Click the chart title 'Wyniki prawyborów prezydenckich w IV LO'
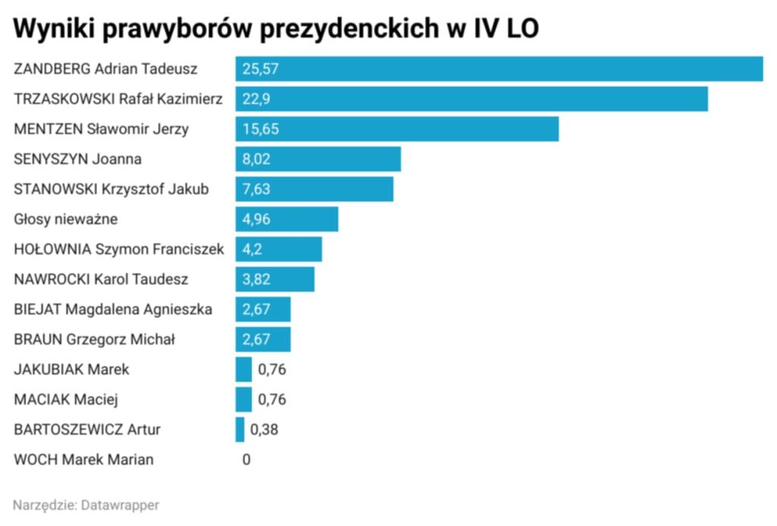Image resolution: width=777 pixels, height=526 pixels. (276, 28)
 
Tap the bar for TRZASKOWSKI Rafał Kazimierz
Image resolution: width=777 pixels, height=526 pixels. (471, 99)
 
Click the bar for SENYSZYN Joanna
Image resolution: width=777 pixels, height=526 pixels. (318, 159)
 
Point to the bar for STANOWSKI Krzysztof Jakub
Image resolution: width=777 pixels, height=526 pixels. (314, 189)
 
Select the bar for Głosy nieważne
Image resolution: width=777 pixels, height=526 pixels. (287, 220)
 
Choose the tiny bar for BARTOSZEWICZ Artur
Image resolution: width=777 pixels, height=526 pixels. (240, 430)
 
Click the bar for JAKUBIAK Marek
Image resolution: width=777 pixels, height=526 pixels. (244, 370)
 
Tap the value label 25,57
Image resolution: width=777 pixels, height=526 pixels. (261, 69)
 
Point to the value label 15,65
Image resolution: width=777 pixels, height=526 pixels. (261, 129)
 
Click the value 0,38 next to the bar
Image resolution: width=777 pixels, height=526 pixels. (264, 430)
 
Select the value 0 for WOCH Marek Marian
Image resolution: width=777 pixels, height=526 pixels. (246, 459)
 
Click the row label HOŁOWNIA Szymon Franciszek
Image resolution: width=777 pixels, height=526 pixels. (119, 249)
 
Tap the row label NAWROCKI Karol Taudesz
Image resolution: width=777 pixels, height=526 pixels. (102, 280)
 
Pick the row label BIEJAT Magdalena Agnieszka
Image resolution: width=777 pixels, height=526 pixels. (113, 309)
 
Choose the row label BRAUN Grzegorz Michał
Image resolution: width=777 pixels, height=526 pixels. (95, 340)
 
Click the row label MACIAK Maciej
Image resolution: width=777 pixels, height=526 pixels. (67, 399)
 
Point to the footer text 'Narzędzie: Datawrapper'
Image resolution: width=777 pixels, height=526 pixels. (87, 505)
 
